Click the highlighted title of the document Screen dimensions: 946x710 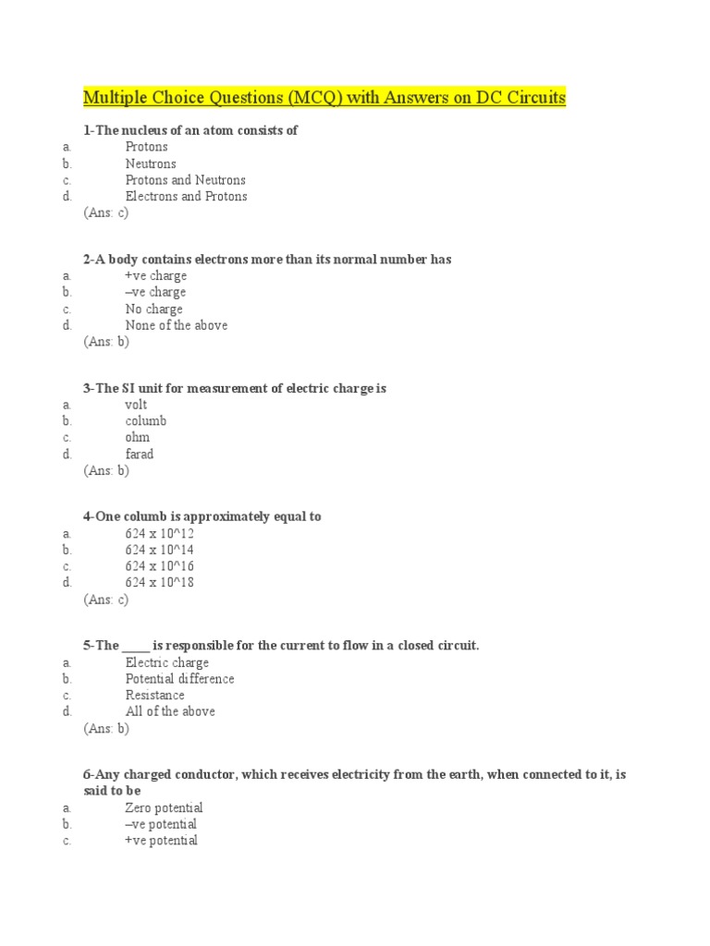pyautogui.click(x=324, y=97)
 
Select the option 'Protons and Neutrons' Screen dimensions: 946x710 pyautogui.click(x=185, y=180)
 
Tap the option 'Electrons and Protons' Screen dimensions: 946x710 pyautogui.click(x=186, y=197)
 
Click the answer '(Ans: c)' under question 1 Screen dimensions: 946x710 pyautogui.click(x=105, y=213)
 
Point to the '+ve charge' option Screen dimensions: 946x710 pyautogui.click(x=155, y=276)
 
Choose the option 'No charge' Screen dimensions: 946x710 pyautogui.click(x=153, y=309)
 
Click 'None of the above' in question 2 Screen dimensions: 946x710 pyautogui.click(x=176, y=325)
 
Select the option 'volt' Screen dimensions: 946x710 pyautogui.click(x=136, y=405)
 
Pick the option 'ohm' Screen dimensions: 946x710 pyautogui.click(x=137, y=438)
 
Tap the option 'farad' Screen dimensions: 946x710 pyautogui.click(x=140, y=455)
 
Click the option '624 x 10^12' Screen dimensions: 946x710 pyautogui.click(x=159, y=534)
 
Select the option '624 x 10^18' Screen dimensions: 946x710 pyautogui.click(x=159, y=583)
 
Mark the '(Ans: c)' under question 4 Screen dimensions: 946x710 pyautogui.click(x=105, y=600)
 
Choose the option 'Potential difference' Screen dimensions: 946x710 pyautogui.click(x=179, y=679)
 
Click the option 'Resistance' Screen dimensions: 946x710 pyautogui.click(x=154, y=696)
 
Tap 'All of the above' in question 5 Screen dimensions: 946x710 pyautogui.click(x=170, y=711)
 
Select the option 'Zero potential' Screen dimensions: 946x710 pyautogui.click(x=164, y=808)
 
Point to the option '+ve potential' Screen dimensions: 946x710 pyautogui.click(x=161, y=841)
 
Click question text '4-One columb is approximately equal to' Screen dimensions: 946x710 pyautogui.click(x=202, y=516)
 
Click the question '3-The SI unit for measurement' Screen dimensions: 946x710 pyautogui.click(x=234, y=389)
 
